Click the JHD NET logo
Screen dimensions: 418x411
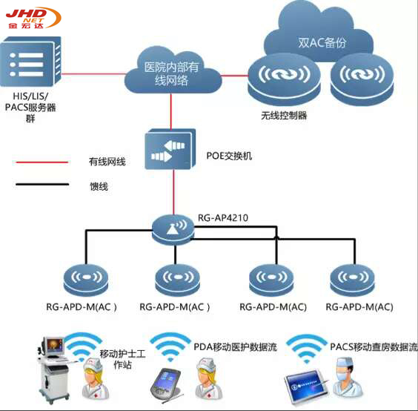[x=33, y=18]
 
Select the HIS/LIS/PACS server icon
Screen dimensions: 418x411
[x=30, y=62]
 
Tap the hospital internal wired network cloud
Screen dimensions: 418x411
[x=173, y=70]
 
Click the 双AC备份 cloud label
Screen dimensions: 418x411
[x=322, y=43]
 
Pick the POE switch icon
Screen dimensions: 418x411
[x=170, y=149]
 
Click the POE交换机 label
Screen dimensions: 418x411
[x=229, y=156]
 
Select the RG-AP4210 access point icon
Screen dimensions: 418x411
[x=173, y=229]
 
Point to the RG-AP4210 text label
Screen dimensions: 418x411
[x=223, y=218]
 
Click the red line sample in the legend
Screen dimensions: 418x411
[x=40, y=162]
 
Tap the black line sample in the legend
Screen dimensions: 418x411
[x=42, y=184]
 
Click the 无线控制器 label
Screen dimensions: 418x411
[x=284, y=115]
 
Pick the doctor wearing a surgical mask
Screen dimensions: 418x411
[x=348, y=377]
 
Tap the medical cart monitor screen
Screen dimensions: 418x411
[x=55, y=346]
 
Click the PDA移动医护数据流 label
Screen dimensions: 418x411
[x=235, y=347]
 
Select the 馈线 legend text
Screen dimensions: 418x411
[x=99, y=186]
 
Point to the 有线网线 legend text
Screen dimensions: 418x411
[x=107, y=162]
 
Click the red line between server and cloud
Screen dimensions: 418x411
[x=94, y=73]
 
